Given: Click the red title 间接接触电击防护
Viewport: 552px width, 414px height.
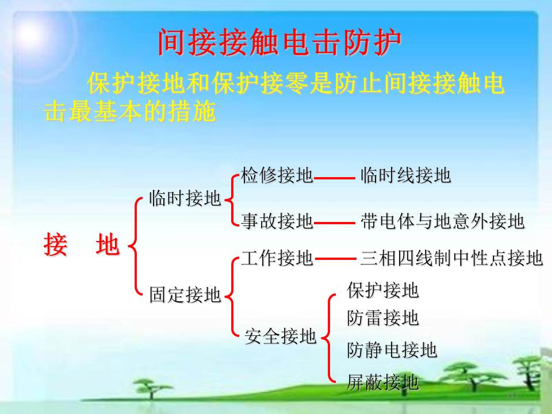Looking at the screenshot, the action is coord(279,42).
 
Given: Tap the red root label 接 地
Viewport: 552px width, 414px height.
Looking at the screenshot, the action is coord(82,245).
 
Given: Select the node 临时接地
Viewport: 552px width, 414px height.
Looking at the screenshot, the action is coord(185,198).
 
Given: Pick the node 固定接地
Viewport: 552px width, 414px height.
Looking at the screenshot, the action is coord(185,294).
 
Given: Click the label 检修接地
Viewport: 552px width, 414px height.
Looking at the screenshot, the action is coord(277,175).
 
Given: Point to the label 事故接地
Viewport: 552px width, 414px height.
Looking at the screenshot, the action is coord(277,221).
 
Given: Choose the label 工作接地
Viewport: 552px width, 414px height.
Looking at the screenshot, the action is coord(277,258).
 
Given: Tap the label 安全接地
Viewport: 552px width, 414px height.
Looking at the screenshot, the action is coord(280,336).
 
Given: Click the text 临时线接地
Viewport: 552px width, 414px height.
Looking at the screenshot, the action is coord(405,175).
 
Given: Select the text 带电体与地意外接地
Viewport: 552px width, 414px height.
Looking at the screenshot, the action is coord(443,221).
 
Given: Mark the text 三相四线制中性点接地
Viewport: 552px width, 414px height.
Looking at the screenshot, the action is coord(452,258).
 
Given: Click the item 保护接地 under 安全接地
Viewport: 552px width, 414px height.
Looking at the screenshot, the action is coord(383,290).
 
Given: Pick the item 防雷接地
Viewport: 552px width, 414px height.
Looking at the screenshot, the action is coord(383,318).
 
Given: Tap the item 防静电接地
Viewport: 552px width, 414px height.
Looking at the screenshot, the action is coord(392,350).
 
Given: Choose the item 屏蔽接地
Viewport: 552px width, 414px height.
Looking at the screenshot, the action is coord(383,382).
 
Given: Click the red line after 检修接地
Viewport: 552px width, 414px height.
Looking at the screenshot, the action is coord(335,178).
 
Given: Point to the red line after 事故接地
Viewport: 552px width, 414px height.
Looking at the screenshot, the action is coord(335,223).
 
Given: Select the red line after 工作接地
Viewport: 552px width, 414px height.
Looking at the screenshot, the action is coord(335,259).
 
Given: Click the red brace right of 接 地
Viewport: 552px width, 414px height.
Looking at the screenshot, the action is coord(134,246).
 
